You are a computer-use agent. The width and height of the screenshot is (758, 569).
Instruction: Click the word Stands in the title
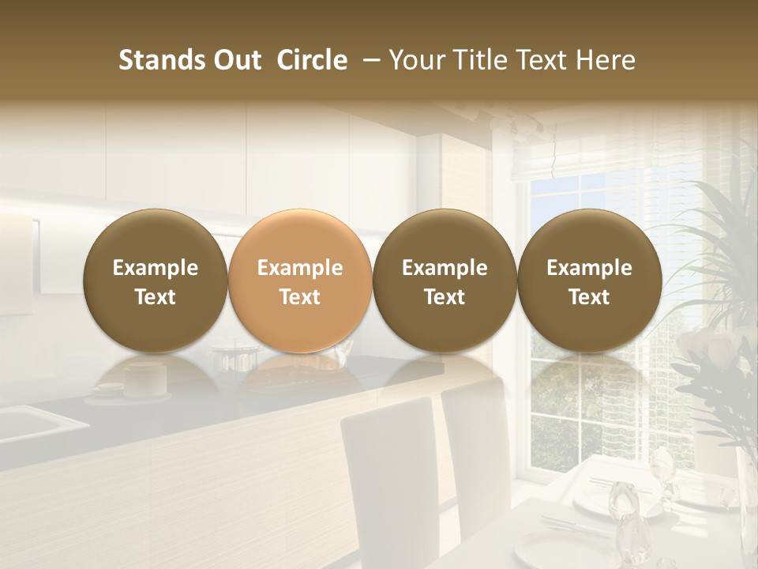(x=161, y=60)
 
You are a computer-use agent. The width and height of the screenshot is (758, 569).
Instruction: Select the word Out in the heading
(x=236, y=60)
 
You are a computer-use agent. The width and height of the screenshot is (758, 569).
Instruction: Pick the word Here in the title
(x=606, y=60)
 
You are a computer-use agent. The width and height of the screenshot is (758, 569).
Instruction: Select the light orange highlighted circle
(x=300, y=281)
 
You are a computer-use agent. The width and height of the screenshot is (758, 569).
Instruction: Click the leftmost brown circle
(x=156, y=281)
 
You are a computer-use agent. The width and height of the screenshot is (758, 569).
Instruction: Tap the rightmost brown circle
(x=590, y=281)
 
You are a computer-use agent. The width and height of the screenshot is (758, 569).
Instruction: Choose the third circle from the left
(x=445, y=281)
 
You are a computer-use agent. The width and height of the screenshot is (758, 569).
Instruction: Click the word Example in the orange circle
(x=300, y=268)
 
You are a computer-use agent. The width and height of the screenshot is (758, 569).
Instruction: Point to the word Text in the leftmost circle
(x=156, y=297)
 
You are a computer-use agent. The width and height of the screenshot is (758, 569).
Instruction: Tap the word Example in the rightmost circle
(x=590, y=268)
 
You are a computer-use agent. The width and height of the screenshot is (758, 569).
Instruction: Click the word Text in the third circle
(x=445, y=297)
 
